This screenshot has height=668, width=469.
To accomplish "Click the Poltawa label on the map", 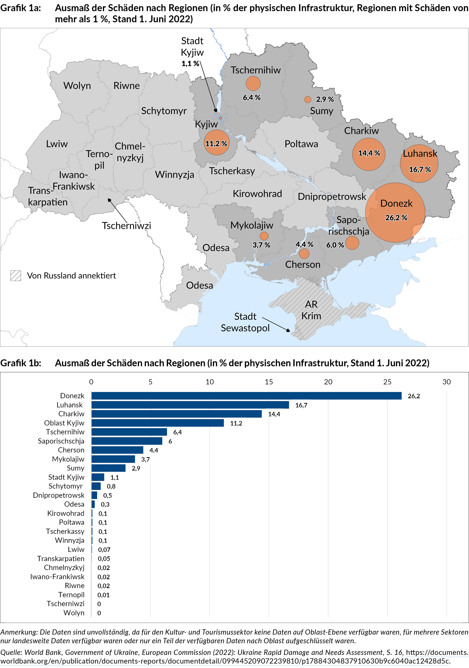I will (x=301, y=144).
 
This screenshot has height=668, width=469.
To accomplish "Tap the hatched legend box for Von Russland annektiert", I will (x=15, y=275).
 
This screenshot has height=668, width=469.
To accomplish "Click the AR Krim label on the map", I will (x=311, y=310).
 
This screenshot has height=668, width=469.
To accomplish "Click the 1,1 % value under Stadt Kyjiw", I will (x=190, y=63).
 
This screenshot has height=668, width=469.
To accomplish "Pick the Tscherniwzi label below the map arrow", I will (x=126, y=225).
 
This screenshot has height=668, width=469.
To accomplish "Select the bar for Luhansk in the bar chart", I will (x=190, y=405).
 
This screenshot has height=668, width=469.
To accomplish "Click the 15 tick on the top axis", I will (x=269, y=382).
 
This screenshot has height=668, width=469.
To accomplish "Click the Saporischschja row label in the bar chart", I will (x=61, y=441).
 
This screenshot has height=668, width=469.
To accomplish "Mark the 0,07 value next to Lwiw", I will (x=104, y=550).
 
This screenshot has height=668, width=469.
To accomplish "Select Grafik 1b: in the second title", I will (x=20, y=363).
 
